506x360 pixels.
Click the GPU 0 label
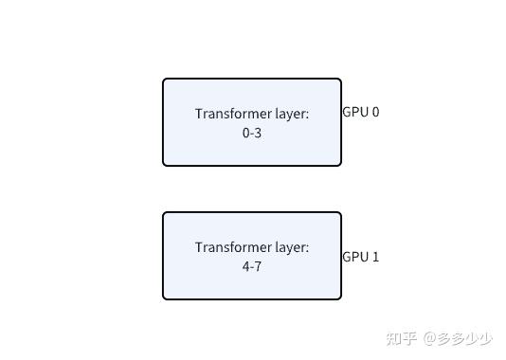[360, 112]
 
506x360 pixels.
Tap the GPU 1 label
[360, 257]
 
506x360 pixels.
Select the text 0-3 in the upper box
[252, 134]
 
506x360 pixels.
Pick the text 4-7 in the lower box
[252, 267]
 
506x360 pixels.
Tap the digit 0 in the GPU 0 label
[375, 112]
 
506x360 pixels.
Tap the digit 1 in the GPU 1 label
[375, 257]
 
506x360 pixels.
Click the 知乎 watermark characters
[402, 337]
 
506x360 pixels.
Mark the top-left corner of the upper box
[164, 80]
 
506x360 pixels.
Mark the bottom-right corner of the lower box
[340, 298]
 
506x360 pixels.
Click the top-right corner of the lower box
[340, 213]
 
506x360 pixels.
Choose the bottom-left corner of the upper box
[164, 165]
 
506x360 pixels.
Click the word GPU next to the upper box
[354, 112]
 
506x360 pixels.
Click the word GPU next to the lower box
[354, 257]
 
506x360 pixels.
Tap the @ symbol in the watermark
[429, 337]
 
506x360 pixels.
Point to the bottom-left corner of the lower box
[164, 298]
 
